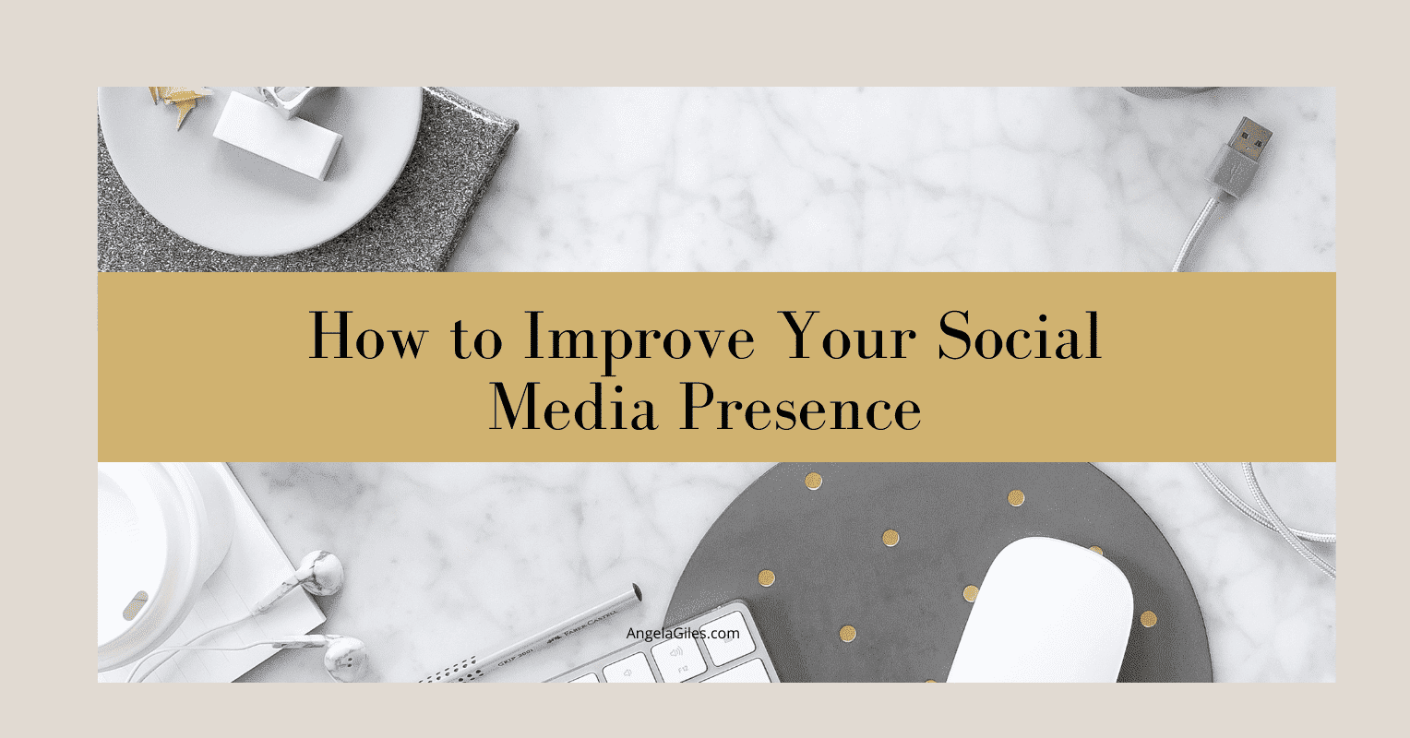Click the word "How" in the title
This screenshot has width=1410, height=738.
[368, 336]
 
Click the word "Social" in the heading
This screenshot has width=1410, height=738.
[1019, 336]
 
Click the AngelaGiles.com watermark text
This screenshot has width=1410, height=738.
[683, 634]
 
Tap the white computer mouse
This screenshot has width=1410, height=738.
[1042, 611]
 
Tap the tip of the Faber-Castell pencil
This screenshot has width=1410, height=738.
[637, 592]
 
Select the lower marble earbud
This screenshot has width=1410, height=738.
[345, 658]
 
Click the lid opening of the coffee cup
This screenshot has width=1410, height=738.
[135, 604]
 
